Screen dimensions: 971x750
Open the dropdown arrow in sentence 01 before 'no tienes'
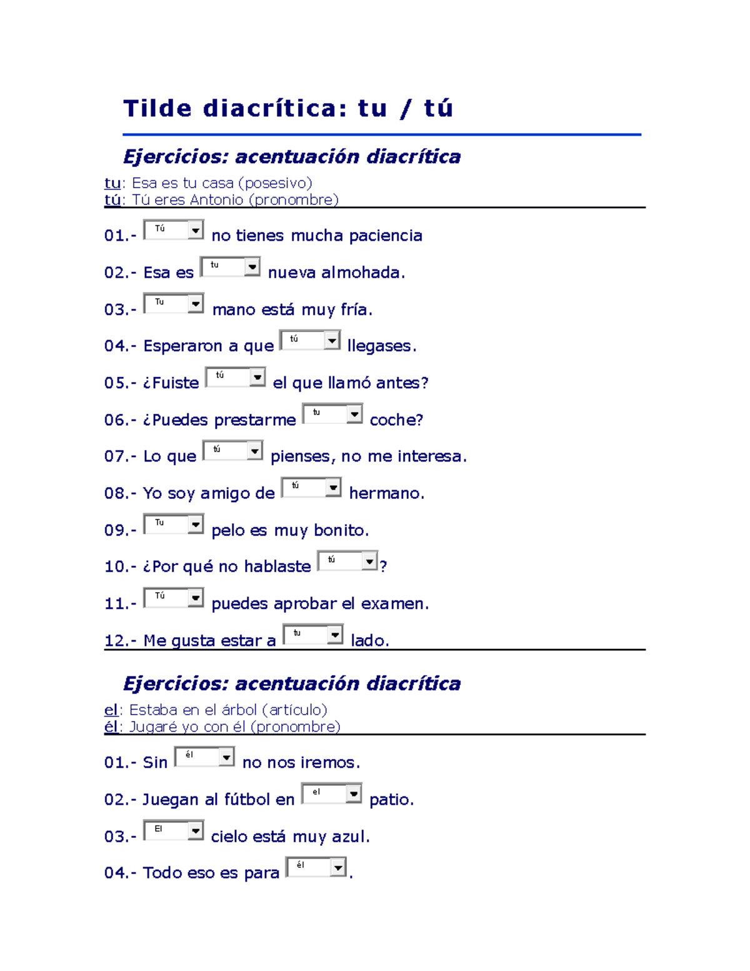(196, 230)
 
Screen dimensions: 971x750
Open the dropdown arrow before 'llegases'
(332, 340)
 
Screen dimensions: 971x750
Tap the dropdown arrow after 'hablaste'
(370, 561)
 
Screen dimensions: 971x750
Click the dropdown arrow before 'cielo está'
(196, 830)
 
